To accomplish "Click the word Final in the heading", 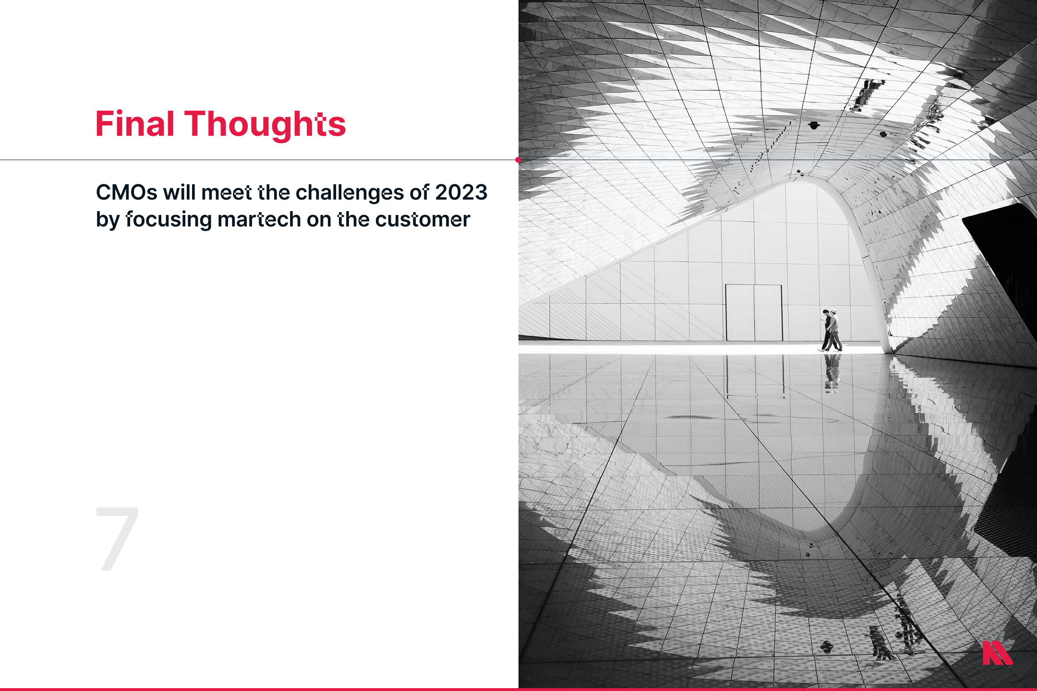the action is [x=135, y=124].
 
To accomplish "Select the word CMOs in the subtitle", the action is [x=127, y=192].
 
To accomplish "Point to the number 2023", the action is [x=461, y=192].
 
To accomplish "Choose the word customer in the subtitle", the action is [x=422, y=220].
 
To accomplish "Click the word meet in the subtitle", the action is [x=227, y=192].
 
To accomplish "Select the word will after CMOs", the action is [x=179, y=192].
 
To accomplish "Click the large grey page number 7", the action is [x=118, y=538].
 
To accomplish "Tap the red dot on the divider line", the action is [x=518, y=160].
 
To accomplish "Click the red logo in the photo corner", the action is [x=997, y=653].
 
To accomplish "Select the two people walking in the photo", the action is [x=831, y=330].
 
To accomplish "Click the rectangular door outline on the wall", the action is [x=754, y=313].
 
